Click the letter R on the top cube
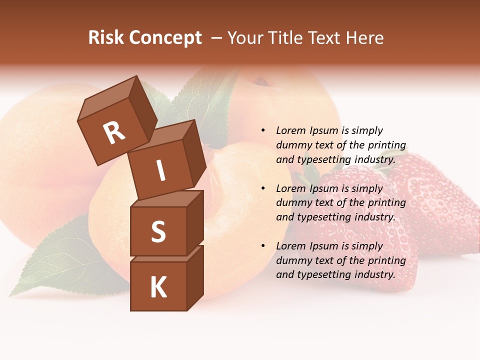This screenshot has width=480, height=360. [114, 133]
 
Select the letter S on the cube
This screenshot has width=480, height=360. [158, 231]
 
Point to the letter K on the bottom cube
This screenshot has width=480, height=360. [158, 287]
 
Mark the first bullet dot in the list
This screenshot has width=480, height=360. [263, 130]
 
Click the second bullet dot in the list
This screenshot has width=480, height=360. [263, 188]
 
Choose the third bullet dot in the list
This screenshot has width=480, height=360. [263, 246]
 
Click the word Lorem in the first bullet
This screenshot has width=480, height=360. [290, 130]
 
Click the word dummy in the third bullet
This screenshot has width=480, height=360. [291, 260]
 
